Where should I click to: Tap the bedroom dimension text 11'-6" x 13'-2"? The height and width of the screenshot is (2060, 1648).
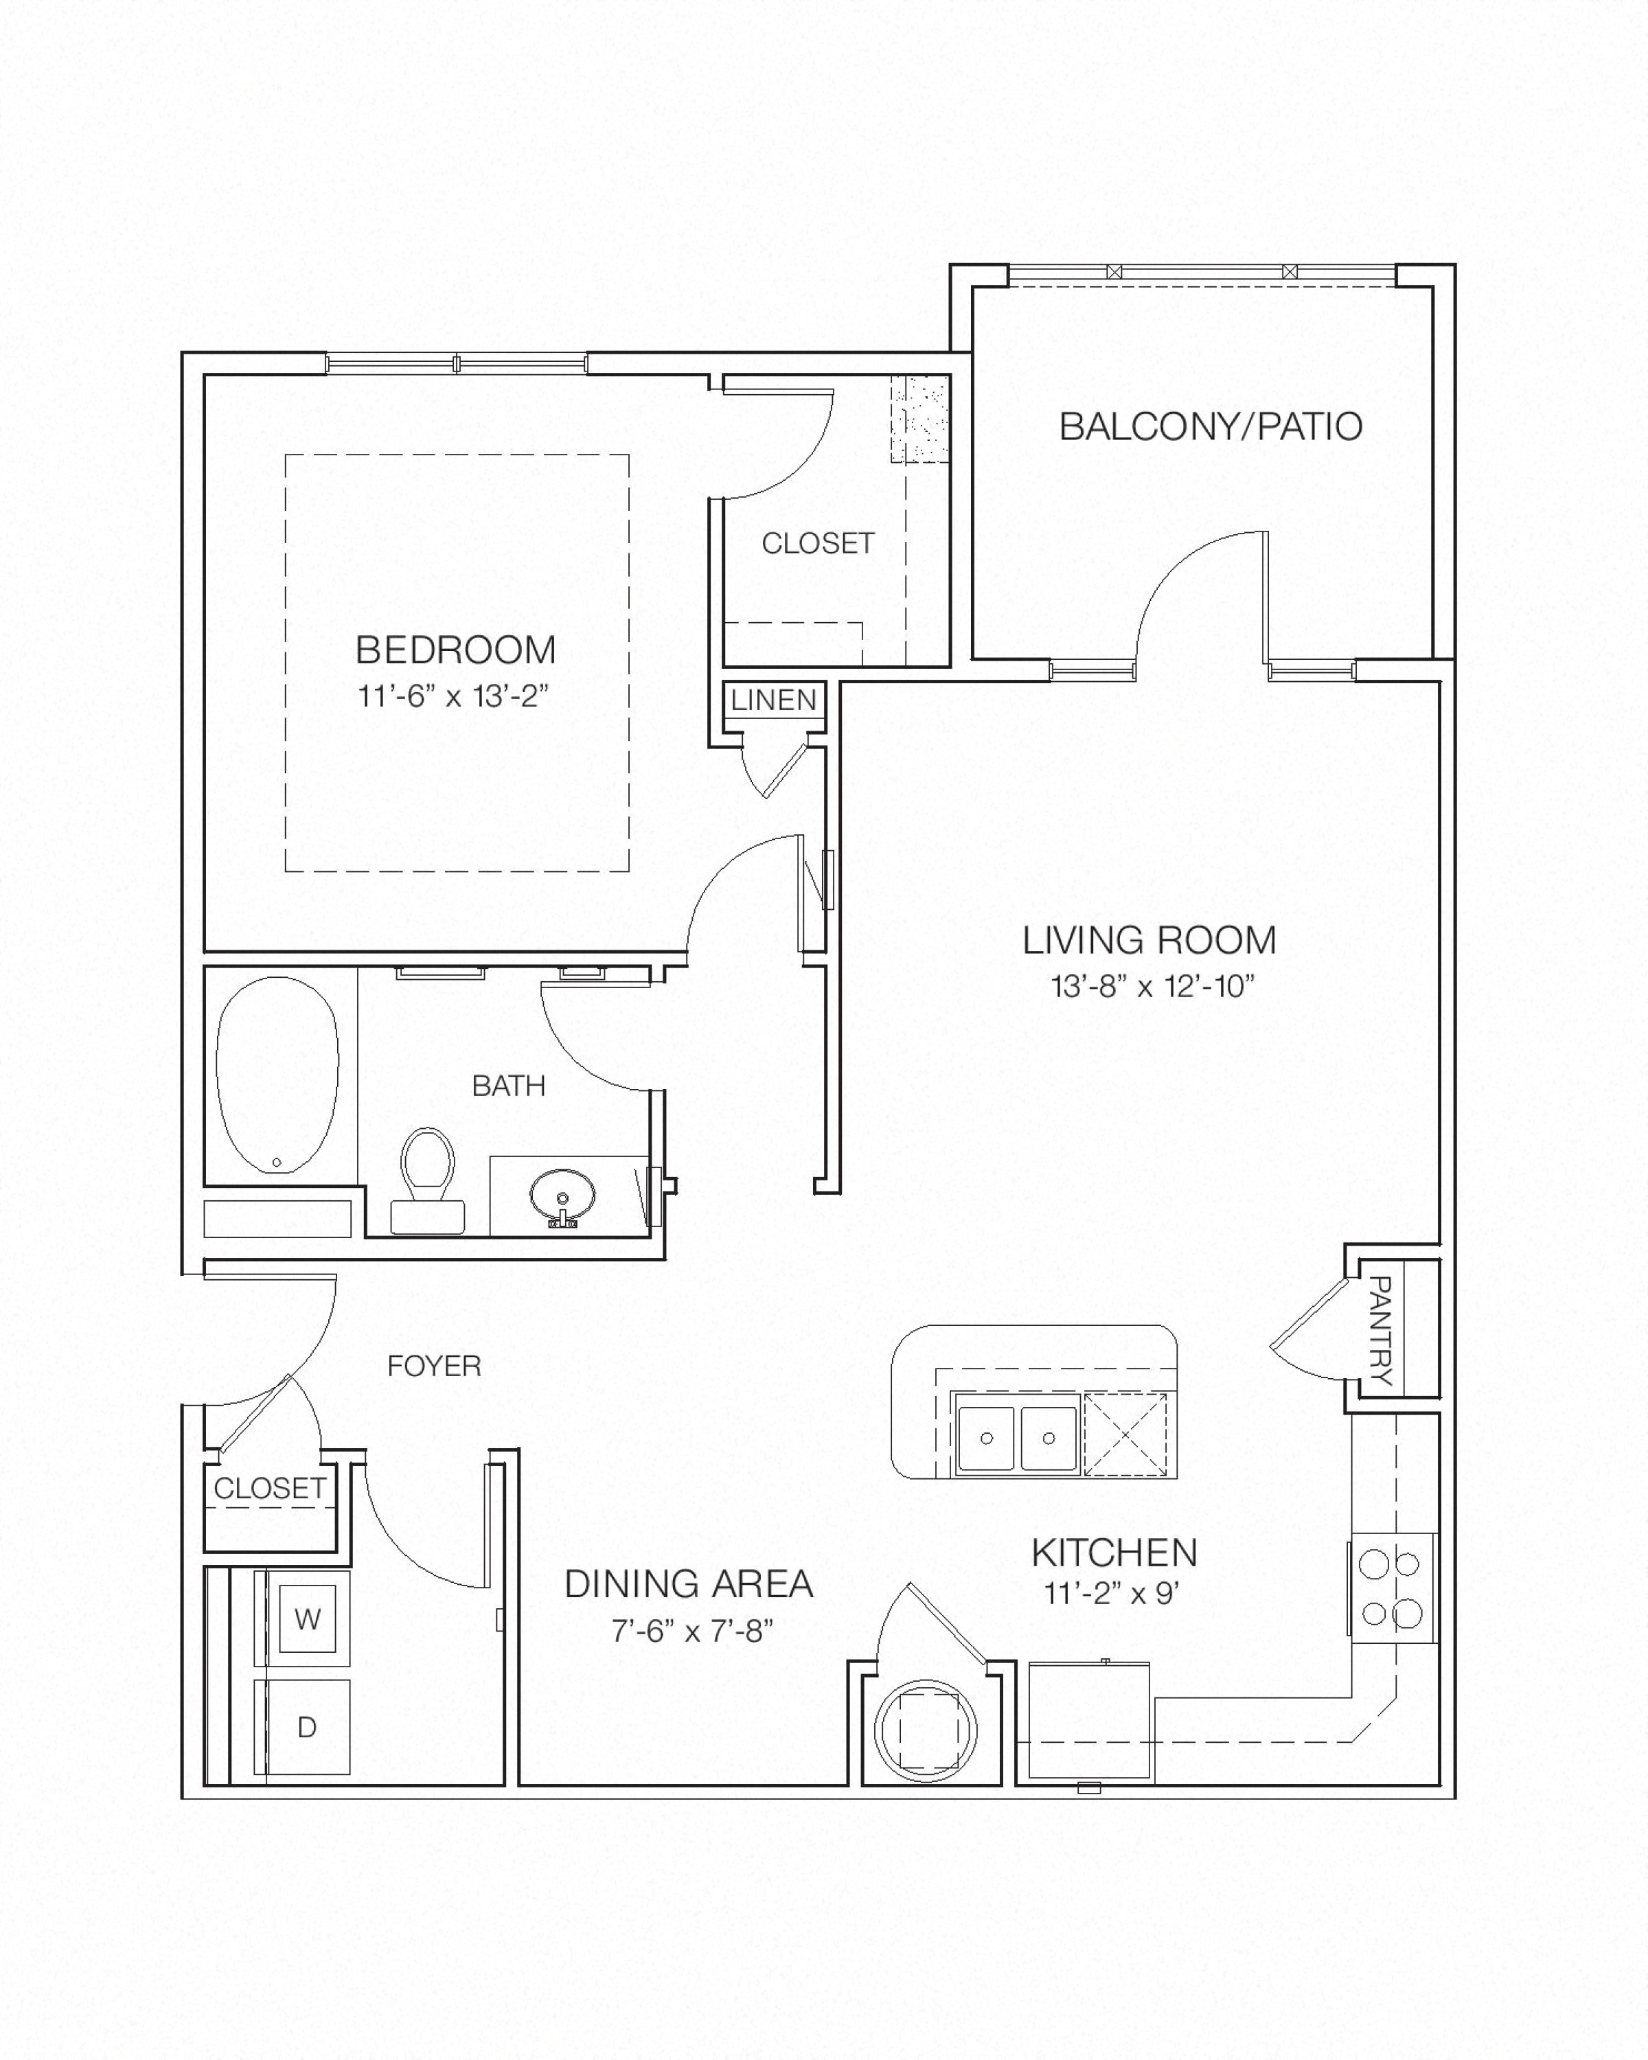pyautogui.click(x=454, y=696)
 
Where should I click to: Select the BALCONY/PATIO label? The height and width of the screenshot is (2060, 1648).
pyautogui.click(x=1211, y=426)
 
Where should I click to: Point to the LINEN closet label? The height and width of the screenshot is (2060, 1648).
pyautogui.click(x=774, y=700)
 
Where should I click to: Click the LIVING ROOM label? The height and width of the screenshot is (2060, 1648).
pyautogui.click(x=1149, y=940)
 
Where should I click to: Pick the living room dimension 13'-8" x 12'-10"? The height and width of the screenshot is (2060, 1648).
pyautogui.click(x=1152, y=985)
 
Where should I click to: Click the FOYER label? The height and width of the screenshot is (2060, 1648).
pyautogui.click(x=434, y=1366)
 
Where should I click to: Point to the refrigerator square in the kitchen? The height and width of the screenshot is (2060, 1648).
pyautogui.click(x=1089, y=1723)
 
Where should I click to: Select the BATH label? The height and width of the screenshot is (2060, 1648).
pyautogui.click(x=510, y=1086)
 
